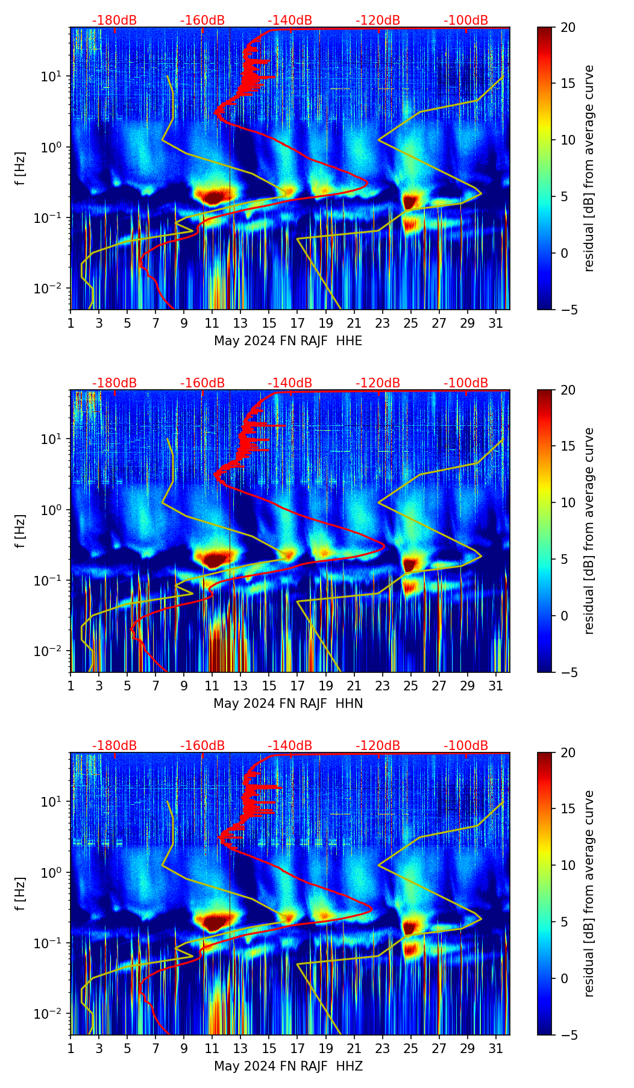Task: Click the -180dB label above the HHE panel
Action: pyautogui.click(x=115, y=20)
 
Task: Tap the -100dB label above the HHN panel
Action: pyautogui.click(x=466, y=383)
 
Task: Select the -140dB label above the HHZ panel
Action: pyautogui.click(x=290, y=746)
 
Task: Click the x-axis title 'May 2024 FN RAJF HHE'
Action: pyautogui.click(x=288, y=341)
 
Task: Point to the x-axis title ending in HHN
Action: pyautogui.click(x=288, y=704)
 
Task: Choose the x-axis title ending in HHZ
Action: pyautogui.click(x=288, y=1066)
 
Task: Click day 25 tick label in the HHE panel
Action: pyautogui.click(x=410, y=323)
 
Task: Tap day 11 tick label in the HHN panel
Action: pyautogui.click(x=212, y=686)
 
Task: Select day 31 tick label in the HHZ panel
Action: pyautogui.click(x=496, y=1048)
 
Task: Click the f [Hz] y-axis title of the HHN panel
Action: pyautogui.click(x=21, y=531)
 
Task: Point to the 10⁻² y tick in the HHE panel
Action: pyautogui.click(x=53, y=289)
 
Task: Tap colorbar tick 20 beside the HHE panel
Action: pyautogui.click(x=568, y=28)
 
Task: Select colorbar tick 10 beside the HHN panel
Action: pyautogui.click(x=568, y=502)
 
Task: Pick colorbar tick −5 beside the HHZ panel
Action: pyautogui.click(x=568, y=1034)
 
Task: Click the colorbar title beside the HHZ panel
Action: pyautogui.click(x=589, y=893)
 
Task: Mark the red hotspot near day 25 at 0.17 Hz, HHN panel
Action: pyautogui.click(x=410, y=564)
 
